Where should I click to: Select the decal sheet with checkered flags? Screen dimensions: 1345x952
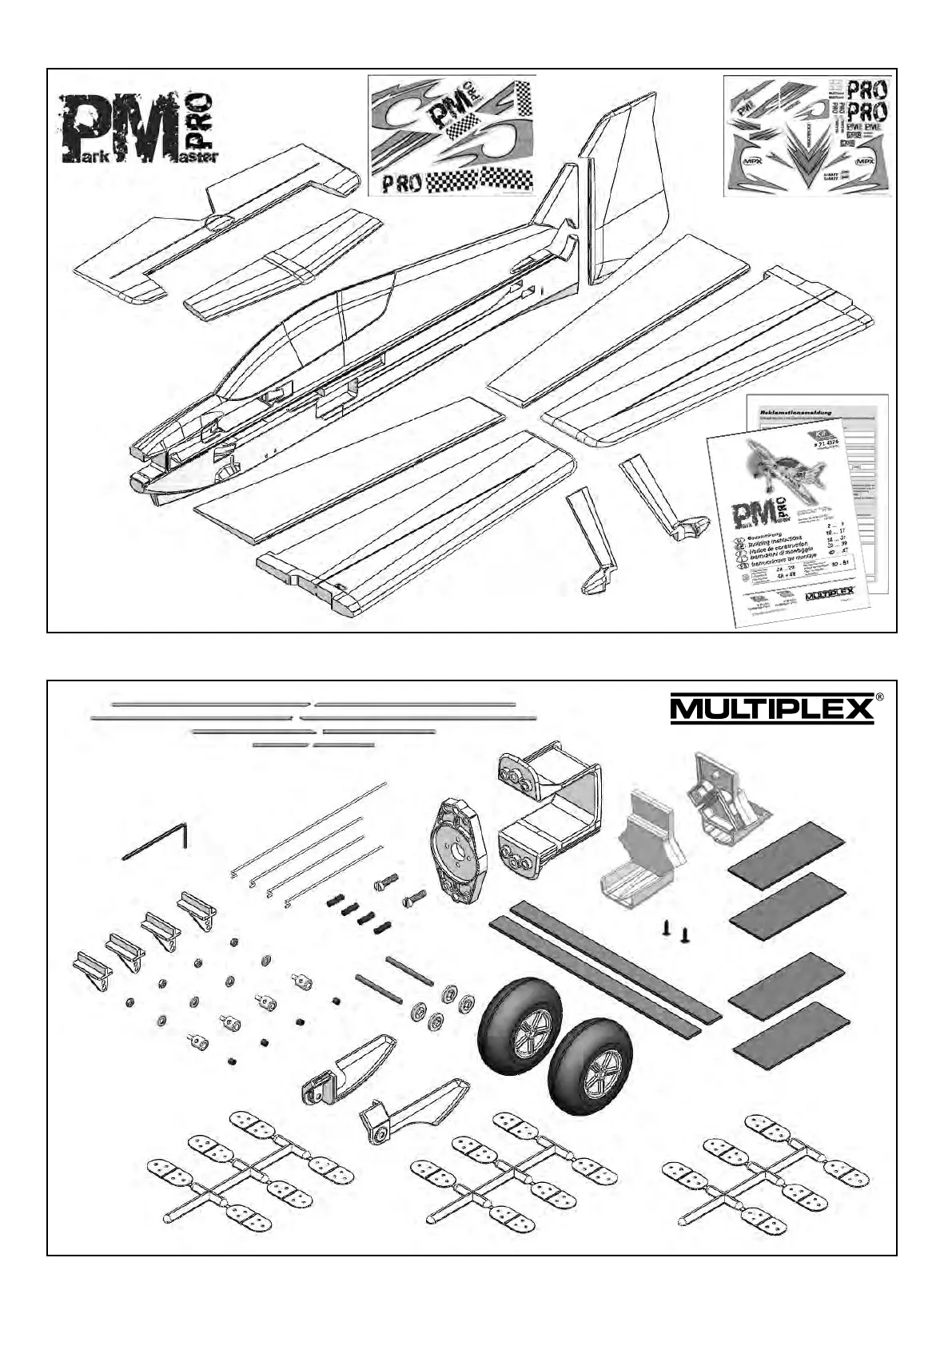click(x=451, y=135)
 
